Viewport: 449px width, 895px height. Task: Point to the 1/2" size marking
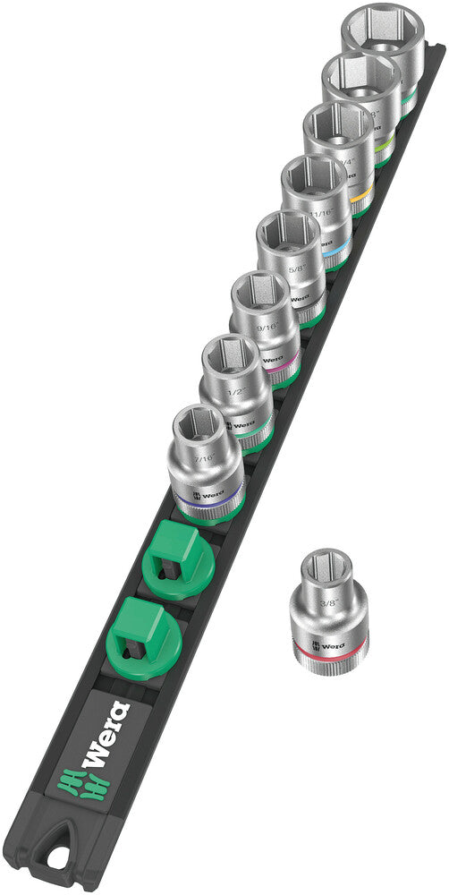(x=237, y=391)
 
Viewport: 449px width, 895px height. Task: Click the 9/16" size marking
(x=265, y=329)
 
